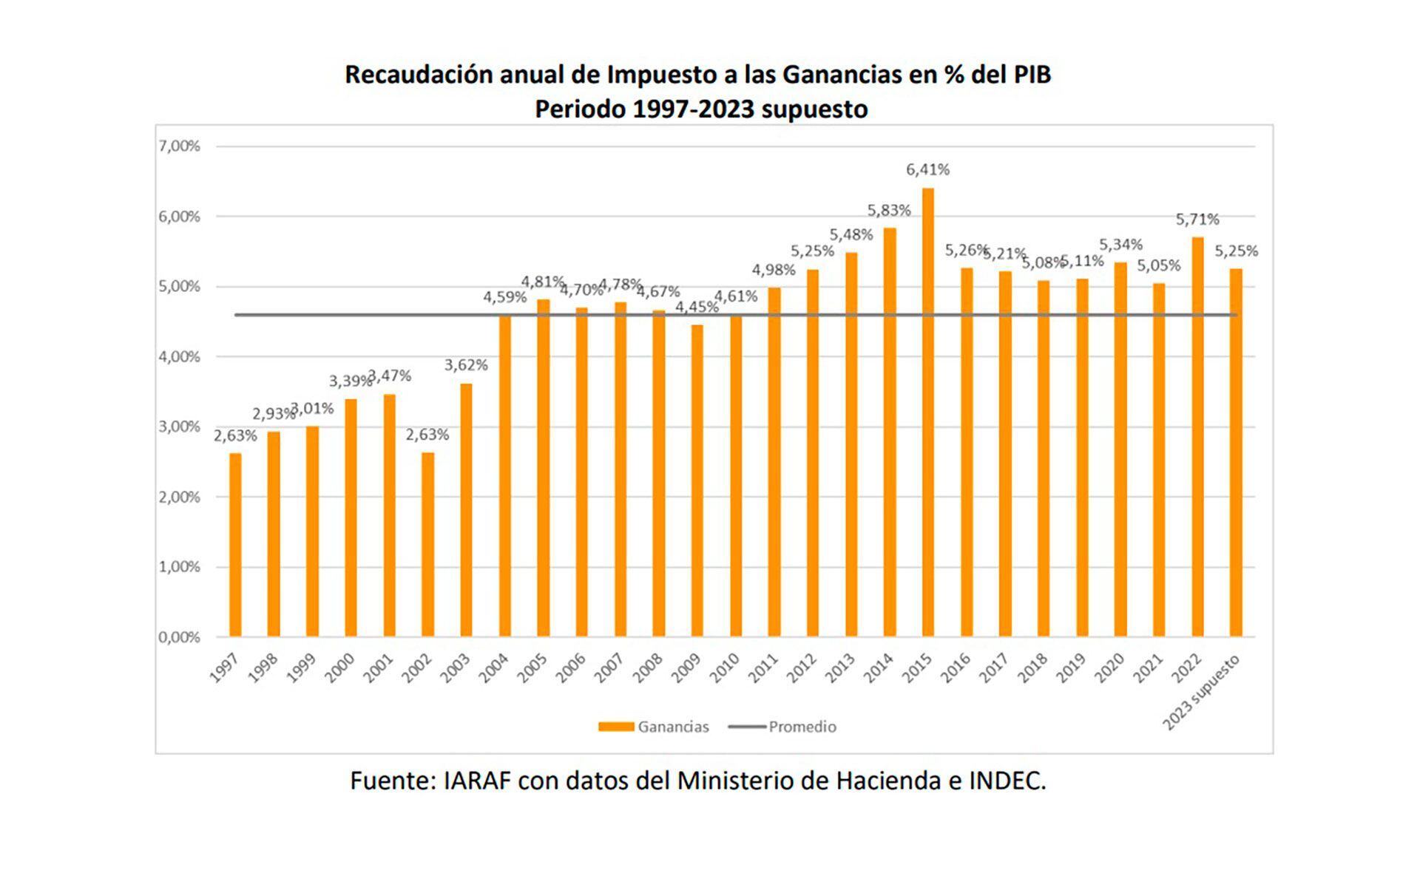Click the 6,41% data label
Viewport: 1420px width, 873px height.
pyautogui.click(x=927, y=169)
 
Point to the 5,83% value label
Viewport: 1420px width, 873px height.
pyautogui.click(x=889, y=211)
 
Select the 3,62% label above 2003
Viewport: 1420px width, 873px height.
pyautogui.click(x=466, y=364)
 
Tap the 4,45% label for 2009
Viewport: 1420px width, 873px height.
pyautogui.click(x=697, y=306)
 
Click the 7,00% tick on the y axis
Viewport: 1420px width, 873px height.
pyautogui.click(x=179, y=146)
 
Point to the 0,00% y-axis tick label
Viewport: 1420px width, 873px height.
pyautogui.click(x=179, y=637)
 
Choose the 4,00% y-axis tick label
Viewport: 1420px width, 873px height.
pyautogui.click(x=179, y=357)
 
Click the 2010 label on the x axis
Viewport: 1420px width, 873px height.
pyautogui.click(x=725, y=668)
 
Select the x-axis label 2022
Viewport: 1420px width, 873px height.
pyautogui.click(x=1187, y=668)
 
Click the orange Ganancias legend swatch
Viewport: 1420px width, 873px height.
pyautogui.click(x=615, y=727)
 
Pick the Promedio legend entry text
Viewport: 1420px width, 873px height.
pyautogui.click(x=802, y=727)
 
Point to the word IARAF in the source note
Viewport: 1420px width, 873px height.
pyautogui.click(x=477, y=781)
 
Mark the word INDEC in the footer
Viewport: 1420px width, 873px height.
pyautogui.click(x=1007, y=781)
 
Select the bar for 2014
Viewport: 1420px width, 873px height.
pyautogui.click(x=889, y=432)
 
